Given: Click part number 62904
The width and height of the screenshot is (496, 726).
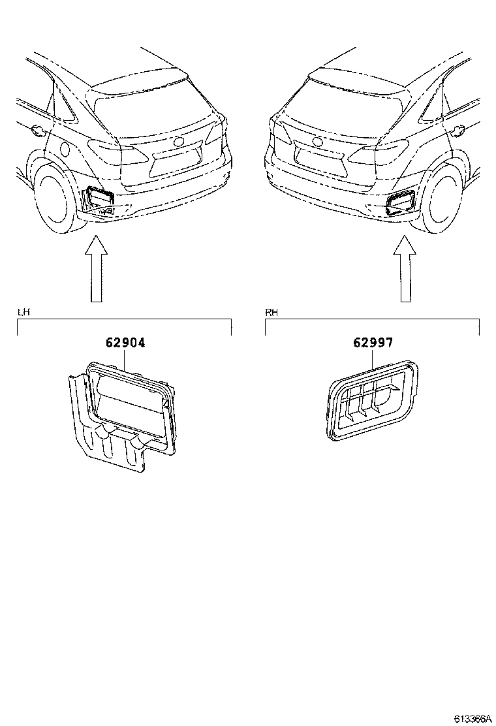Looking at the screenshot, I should pyautogui.click(x=123, y=342).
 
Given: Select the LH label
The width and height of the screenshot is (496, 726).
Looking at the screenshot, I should pyautogui.click(x=23, y=313).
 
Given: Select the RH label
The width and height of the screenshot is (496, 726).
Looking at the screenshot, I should pyautogui.click(x=271, y=313).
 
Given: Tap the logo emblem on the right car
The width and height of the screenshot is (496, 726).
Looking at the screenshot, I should pyautogui.click(x=318, y=142).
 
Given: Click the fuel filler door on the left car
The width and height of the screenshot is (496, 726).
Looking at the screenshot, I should pyautogui.click(x=37, y=130).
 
